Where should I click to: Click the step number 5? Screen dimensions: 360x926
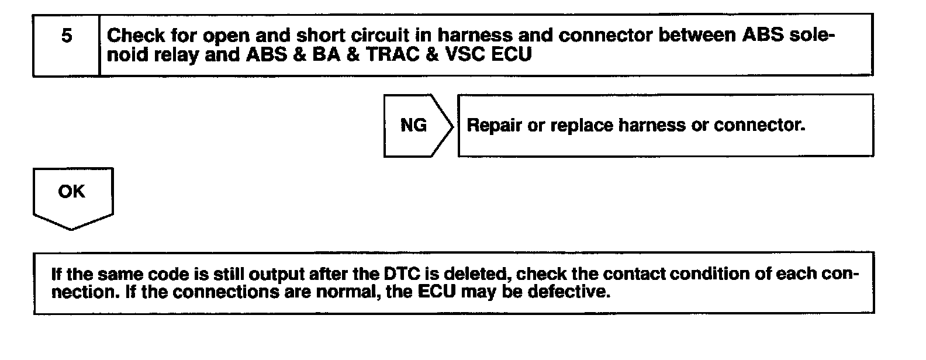[67, 36]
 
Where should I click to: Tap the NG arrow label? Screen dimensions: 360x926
[414, 126]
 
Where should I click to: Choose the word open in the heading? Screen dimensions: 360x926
[227, 36]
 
